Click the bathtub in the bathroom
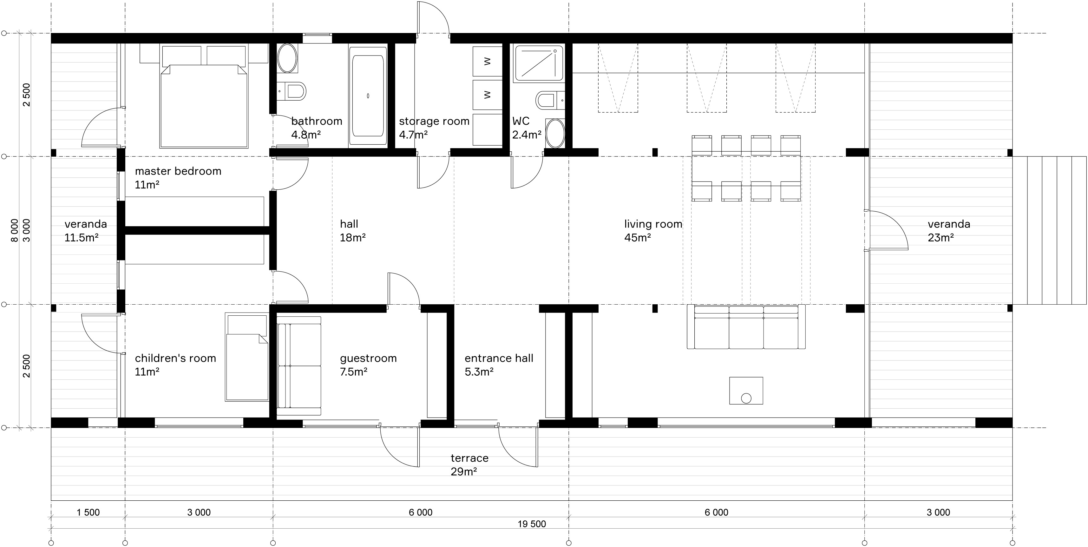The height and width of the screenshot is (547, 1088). point(368,97)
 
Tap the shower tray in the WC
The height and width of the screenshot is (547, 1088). point(539,63)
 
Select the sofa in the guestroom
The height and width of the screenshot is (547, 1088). point(299,366)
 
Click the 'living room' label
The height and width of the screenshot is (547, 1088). point(653,224)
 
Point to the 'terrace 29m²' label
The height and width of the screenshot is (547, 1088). point(469,465)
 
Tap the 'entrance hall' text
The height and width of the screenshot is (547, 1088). point(499,358)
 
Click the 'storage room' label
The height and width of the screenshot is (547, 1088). point(434,121)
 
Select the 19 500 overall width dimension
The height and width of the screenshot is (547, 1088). point(532,524)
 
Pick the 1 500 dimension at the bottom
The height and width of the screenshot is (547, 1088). point(88,512)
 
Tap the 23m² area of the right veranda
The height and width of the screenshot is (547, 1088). point(941,238)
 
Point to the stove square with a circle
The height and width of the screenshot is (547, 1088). point(746,391)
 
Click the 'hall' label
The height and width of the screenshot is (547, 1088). point(349,224)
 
